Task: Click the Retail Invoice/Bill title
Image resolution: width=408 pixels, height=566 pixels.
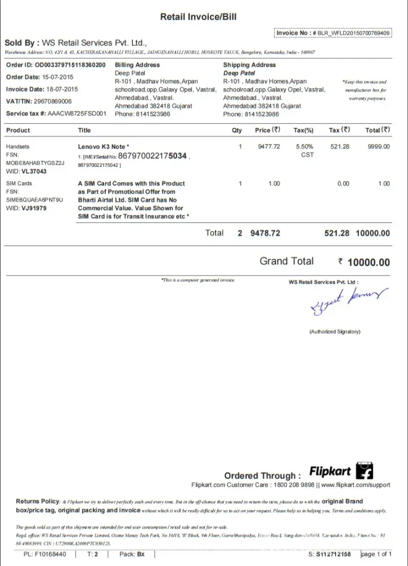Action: (198, 17)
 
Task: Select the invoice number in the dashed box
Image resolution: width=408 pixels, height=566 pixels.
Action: (350, 33)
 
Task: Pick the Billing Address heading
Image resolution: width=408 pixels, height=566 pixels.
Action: (137, 65)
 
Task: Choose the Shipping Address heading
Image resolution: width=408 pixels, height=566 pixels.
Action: (249, 65)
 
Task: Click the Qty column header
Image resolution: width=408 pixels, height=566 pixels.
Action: (237, 130)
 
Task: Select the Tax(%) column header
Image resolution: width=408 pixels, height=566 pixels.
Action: (303, 130)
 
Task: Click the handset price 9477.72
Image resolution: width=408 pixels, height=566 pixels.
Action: (269, 147)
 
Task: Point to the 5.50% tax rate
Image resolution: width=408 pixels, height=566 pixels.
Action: (304, 147)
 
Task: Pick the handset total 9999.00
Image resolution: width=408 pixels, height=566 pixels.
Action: (379, 147)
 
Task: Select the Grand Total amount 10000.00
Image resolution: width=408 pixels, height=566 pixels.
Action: (368, 262)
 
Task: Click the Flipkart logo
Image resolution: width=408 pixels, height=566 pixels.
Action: (341, 471)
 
